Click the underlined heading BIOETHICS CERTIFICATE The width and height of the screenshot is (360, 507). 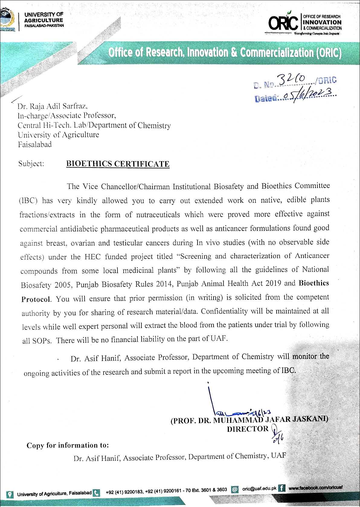[x=118, y=164]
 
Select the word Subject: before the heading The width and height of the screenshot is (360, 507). [x=31, y=164]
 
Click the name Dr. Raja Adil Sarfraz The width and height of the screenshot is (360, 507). [x=53, y=106]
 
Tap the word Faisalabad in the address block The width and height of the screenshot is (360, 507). [x=35, y=145]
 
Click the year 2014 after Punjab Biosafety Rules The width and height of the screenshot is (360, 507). [x=166, y=284]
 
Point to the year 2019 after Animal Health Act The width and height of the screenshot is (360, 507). [x=273, y=283]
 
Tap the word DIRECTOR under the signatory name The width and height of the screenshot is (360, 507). [x=248, y=429]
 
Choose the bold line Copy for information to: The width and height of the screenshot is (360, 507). [x=68, y=445]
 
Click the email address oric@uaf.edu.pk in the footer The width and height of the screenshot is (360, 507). [x=259, y=489]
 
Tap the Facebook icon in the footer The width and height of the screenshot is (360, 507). [x=281, y=488]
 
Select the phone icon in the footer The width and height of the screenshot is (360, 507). [x=97, y=493]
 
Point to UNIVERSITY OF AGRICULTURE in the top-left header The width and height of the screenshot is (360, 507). [x=44, y=18]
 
